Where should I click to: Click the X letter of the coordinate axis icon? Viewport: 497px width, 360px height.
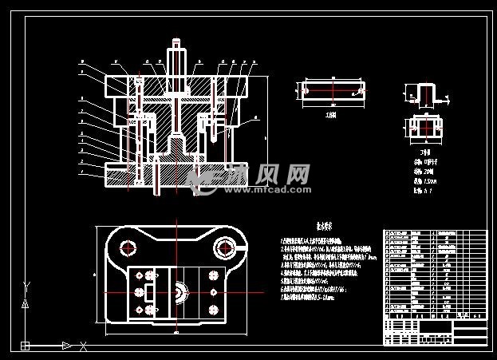point(83,346)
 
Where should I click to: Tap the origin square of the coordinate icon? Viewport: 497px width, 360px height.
point(26,346)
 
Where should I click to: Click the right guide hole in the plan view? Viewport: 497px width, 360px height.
point(223,248)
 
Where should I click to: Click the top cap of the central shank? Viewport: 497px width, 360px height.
point(176,42)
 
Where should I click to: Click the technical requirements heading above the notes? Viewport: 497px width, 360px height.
point(304,226)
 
